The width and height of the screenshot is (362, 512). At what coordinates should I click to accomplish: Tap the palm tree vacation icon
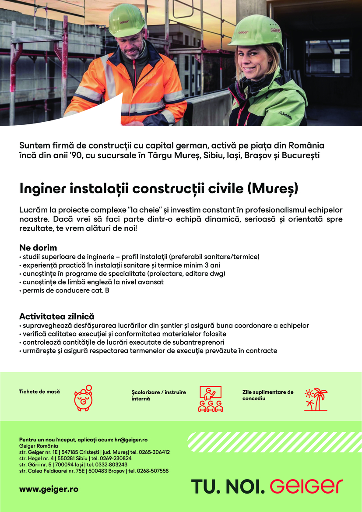[316, 399]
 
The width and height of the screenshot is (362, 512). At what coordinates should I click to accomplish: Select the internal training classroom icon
[211, 399]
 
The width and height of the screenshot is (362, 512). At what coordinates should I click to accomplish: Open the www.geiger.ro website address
[49, 489]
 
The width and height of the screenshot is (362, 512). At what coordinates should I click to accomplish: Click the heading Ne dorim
[38, 248]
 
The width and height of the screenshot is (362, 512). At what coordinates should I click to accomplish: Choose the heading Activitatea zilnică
[57, 316]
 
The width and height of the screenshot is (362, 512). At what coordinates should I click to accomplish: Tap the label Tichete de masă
[39, 391]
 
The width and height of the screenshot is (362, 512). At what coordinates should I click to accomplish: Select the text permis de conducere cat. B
[65, 290]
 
